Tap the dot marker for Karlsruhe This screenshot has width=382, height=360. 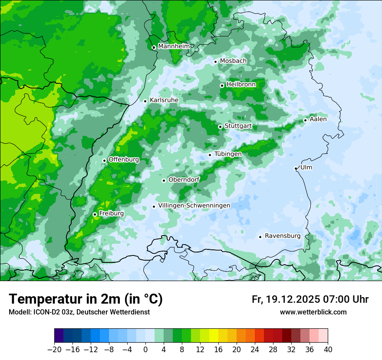[x=145, y=101]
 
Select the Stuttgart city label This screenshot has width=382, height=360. [x=238, y=126]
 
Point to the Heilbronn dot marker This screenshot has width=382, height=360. [x=222, y=85]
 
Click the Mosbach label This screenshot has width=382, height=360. [x=233, y=61]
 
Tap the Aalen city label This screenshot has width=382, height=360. [x=318, y=119]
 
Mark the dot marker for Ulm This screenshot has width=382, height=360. [x=296, y=168]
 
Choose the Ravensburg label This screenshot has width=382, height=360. [x=283, y=236]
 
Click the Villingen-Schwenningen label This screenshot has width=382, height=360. [x=194, y=206]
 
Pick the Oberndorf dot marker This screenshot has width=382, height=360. [x=164, y=180]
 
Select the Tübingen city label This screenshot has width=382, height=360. [x=228, y=154]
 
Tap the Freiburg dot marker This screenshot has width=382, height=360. [x=95, y=214]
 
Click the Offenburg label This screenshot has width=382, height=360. [x=124, y=160]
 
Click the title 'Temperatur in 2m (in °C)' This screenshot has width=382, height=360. [x=86, y=299]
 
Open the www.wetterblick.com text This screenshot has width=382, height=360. [x=313, y=312]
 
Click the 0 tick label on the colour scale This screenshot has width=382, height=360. [x=145, y=349]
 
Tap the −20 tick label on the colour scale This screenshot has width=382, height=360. [x=54, y=349]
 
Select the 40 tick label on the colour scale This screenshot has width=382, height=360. [x=328, y=349]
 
